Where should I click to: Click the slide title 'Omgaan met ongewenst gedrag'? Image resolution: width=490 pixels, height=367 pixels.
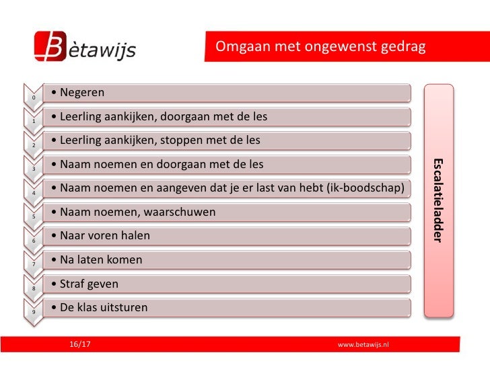click(320, 47)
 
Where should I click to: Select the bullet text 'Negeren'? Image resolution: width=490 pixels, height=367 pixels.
click(81, 92)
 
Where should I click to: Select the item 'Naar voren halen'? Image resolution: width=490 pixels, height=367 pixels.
click(105, 236)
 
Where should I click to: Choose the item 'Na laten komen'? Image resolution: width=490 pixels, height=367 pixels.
click(101, 259)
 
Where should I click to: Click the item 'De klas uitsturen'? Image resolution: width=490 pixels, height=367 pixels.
click(104, 308)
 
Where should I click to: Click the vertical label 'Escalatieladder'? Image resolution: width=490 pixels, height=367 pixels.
click(438, 200)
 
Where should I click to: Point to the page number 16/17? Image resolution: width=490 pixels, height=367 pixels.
click(80, 344)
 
